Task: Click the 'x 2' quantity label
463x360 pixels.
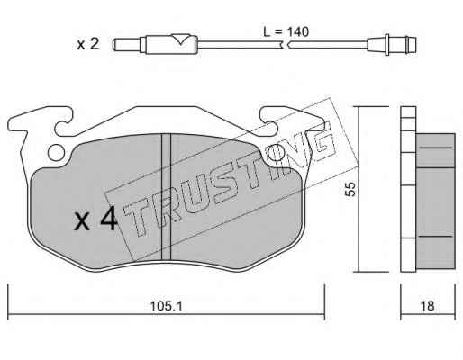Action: pos(87,44)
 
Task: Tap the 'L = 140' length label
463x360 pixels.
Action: pos(286,31)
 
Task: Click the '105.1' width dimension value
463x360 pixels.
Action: pos(167,306)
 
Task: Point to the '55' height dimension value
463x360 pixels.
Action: pos(350,189)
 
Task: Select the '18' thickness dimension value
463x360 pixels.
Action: pos(427,306)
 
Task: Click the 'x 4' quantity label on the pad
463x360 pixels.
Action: pos(95,220)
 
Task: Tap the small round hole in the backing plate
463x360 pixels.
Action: pos(56,153)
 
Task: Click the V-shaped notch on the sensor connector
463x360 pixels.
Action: pos(180,40)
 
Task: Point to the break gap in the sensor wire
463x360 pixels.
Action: pos(285,45)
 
